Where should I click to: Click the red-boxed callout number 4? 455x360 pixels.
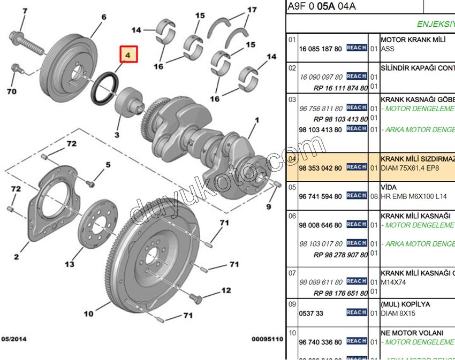tap(128, 55)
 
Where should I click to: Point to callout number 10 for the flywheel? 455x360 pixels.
tap(89, 313)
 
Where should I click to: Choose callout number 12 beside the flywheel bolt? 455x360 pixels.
tap(226, 290)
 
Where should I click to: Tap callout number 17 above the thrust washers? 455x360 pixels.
tap(252, 10)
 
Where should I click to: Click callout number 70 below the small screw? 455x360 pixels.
tap(11, 91)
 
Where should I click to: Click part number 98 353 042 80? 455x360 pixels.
tap(320, 168)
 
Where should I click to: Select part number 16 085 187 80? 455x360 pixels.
tap(320, 49)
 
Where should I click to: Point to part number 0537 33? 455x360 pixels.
tap(311, 313)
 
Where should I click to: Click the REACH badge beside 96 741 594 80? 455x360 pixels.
tap(357, 196)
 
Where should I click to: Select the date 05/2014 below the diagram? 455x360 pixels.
tap(14, 339)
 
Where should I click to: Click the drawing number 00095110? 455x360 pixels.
tap(267, 339)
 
